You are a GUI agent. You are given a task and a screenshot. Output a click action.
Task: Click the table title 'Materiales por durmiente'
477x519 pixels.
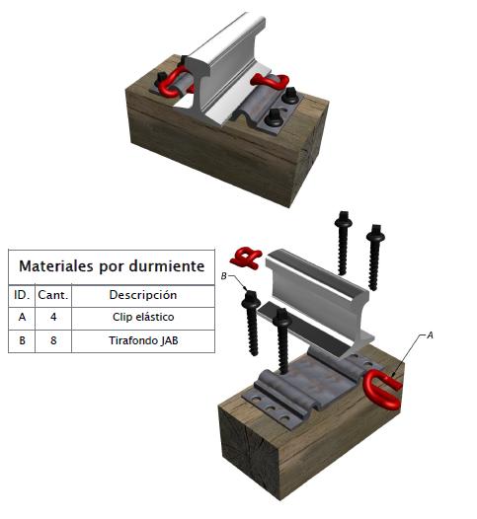(112, 266)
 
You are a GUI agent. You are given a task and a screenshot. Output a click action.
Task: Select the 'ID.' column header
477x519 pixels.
(22, 295)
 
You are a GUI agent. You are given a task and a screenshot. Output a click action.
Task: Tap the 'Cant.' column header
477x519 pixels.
(53, 295)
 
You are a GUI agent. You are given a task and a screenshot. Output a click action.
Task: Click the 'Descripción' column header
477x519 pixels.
(143, 295)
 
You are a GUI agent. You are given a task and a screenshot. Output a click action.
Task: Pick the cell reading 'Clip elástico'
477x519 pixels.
(143, 317)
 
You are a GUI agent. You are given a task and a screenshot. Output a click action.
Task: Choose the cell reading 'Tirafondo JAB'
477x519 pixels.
(143, 340)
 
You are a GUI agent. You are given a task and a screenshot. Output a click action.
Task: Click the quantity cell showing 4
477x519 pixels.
(53, 317)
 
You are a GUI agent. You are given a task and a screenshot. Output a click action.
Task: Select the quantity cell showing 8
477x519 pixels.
(53, 340)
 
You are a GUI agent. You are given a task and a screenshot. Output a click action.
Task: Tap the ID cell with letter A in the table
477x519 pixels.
(22, 317)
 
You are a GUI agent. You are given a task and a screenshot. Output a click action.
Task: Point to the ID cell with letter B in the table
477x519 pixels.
(22, 340)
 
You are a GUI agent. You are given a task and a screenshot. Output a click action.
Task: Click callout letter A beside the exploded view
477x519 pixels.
(430, 335)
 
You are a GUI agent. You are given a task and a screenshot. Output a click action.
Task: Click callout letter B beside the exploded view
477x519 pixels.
(224, 276)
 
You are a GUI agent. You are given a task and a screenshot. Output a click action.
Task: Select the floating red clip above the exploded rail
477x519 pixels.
(246, 258)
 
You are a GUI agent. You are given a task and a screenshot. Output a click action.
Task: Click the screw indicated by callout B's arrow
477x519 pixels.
(252, 323)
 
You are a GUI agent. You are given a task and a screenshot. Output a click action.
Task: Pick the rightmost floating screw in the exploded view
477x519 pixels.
(374, 258)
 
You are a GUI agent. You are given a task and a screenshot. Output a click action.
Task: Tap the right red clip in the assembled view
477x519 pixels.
(270, 81)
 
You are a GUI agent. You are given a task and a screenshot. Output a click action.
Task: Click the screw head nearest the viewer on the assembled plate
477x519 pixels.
(275, 117)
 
